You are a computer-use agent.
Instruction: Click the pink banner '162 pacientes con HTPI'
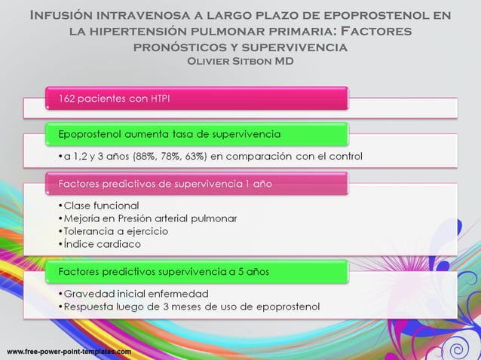click(196, 98)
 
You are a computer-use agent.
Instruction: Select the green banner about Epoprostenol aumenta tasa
click(196, 134)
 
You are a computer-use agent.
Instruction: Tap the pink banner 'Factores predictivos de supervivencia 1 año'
click(196, 183)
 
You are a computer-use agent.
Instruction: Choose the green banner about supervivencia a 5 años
click(196, 271)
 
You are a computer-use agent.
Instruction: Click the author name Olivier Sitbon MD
click(240, 60)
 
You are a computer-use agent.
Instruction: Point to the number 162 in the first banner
click(68, 98)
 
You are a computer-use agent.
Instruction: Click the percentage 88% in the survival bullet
click(146, 157)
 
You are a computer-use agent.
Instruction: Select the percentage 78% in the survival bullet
click(173, 157)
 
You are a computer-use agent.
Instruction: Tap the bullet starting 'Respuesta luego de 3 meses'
click(188, 307)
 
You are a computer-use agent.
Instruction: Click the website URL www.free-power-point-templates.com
click(69, 352)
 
